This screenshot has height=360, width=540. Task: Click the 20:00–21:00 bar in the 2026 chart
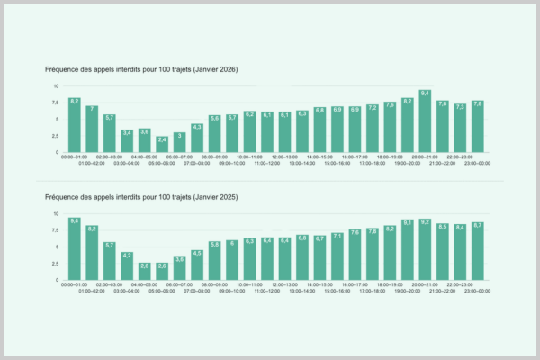[x=425, y=121]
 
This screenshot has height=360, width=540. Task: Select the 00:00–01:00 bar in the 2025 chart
[x=75, y=249]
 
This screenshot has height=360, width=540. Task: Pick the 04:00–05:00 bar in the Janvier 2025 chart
[x=144, y=271]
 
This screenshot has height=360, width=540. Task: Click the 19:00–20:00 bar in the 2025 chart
[x=408, y=250]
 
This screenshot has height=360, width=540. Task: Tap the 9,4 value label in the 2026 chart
[x=425, y=94]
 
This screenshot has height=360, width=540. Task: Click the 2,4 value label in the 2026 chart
[x=162, y=139]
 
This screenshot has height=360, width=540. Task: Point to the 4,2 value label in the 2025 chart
[x=127, y=256]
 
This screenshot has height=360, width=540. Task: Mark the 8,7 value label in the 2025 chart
[x=478, y=225]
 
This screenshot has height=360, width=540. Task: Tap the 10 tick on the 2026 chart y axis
[x=56, y=86]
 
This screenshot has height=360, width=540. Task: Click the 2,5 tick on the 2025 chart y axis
[x=55, y=264]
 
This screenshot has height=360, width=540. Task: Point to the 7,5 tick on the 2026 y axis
[x=55, y=103]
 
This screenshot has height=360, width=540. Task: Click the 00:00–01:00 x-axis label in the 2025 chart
[x=75, y=285]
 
